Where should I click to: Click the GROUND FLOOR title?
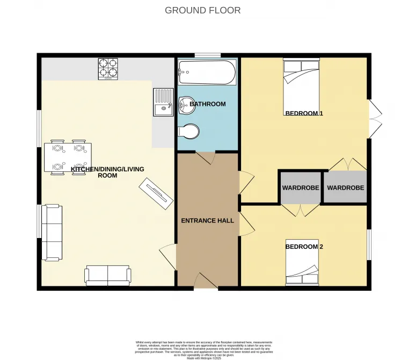[203, 10]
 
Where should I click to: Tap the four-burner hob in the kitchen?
[108, 69]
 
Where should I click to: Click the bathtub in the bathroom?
[207, 72]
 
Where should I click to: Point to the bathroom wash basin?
[186, 105]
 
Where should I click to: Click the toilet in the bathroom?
[188, 131]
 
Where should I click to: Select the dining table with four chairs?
[67, 156]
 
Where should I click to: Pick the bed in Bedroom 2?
[302, 262]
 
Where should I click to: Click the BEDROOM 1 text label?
[304, 113]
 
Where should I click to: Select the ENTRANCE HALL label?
[207, 220]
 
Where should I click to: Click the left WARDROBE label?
[301, 188]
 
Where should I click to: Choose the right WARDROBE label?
[345, 188]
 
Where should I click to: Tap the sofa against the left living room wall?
[52, 232]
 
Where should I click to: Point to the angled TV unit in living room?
[156, 194]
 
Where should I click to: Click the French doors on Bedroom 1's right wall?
[374, 119]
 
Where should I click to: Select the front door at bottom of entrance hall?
[206, 282]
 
